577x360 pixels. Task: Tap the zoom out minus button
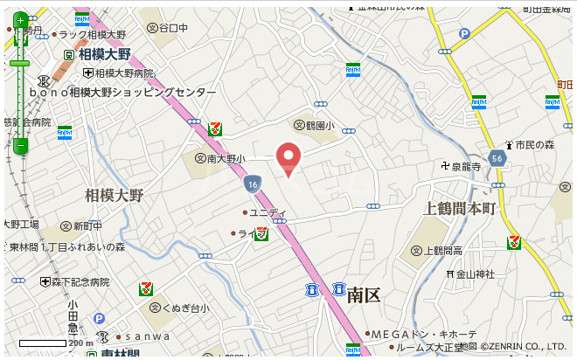point(20,146)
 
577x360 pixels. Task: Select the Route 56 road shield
point(497,158)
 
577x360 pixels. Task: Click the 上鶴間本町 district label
point(459,209)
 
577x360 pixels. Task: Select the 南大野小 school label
point(219,159)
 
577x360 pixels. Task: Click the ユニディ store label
point(267,212)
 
